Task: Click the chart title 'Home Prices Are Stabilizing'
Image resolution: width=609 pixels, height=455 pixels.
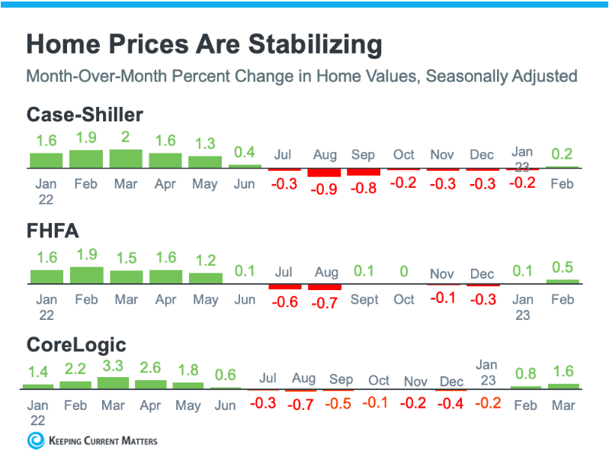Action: [x=204, y=44]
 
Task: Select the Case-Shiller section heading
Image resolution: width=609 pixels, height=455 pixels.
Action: [x=85, y=115]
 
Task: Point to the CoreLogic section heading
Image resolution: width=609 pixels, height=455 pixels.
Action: [x=75, y=344]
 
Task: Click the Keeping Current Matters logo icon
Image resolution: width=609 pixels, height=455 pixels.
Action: [x=35, y=440]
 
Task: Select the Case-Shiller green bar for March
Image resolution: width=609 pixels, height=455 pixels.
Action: [x=126, y=158]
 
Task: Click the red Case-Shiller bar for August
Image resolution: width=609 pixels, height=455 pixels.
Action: [x=325, y=173]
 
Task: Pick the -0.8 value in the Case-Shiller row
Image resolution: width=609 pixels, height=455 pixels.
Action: [x=363, y=188]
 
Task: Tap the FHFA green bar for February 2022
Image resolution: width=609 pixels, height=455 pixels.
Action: [x=86, y=275]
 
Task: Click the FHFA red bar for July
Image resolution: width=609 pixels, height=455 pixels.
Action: [x=284, y=287]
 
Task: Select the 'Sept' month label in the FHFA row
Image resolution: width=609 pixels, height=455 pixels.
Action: [x=364, y=299]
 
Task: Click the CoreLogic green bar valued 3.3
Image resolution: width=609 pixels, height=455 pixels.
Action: [x=114, y=383]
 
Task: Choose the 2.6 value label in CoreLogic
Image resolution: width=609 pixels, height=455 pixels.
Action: [x=151, y=367]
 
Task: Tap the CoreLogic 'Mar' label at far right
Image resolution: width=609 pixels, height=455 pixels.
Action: [x=563, y=405]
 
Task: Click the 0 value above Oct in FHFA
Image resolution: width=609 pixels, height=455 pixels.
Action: [x=403, y=272]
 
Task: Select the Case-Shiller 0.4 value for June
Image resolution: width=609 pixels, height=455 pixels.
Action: [x=244, y=152]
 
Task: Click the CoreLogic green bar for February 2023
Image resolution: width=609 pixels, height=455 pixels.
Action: [x=525, y=387]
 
